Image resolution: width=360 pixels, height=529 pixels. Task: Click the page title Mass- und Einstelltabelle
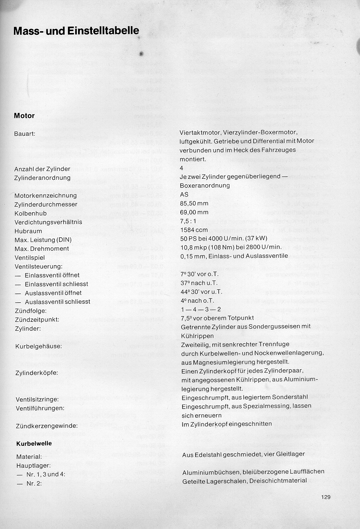pos(76,32)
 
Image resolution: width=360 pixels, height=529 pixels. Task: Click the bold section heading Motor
pos(24,116)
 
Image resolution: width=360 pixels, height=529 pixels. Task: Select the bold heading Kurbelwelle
pos(34,444)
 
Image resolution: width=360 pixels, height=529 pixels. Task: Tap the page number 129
pos(325,497)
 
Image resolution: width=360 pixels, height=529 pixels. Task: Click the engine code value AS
pos(184,195)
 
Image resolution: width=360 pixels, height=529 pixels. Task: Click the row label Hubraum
pos(28,231)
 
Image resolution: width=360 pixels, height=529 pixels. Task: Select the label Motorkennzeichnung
pos(46,196)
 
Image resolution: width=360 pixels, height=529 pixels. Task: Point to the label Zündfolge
pos(30,311)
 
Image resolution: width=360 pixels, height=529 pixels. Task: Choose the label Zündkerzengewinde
pos(46,426)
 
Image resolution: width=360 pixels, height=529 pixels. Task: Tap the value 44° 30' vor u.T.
pos(201,292)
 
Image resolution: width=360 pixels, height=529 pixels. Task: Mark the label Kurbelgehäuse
pos(39,346)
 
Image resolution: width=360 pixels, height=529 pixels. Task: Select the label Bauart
pos(26,134)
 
